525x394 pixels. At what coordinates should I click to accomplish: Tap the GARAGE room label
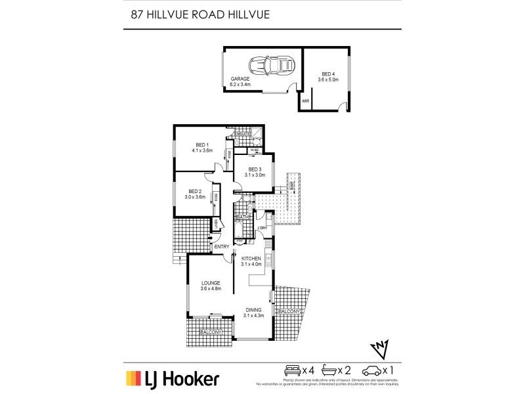[x=240, y=79]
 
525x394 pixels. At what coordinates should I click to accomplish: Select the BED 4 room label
[x=329, y=74]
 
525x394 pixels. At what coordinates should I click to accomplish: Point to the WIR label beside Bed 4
[x=305, y=101]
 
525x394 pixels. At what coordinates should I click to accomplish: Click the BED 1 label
[x=202, y=144]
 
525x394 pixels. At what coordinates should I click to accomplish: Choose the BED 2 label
[x=194, y=190]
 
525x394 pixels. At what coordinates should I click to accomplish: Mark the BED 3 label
[x=255, y=169]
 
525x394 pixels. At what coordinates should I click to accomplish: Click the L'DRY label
[x=262, y=228]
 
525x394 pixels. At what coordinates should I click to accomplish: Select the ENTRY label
[x=222, y=246]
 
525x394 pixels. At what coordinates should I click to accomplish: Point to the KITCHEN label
[x=251, y=258]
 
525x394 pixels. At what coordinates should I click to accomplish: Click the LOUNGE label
[x=211, y=282]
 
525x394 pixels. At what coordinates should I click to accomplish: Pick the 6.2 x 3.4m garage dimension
[x=241, y=85]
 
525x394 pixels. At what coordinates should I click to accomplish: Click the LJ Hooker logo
[x=172, y=379]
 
